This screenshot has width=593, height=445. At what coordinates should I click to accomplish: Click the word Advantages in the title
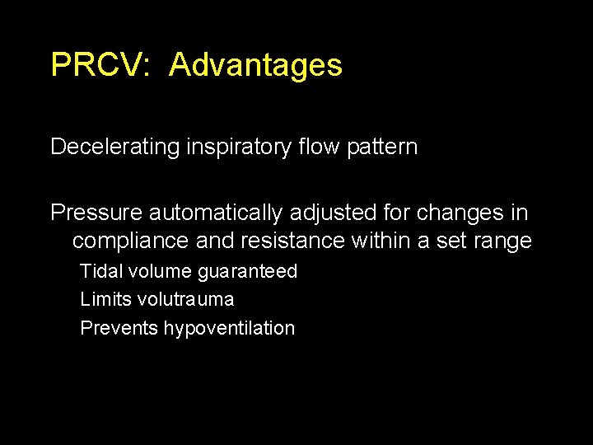click(x=255, y=64)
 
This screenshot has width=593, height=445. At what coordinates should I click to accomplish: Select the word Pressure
click(x=96, y=213)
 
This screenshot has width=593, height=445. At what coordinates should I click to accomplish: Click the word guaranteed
click(x=247, y=272)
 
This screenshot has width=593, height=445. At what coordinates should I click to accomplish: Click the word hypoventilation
click(x=229, y=329)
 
